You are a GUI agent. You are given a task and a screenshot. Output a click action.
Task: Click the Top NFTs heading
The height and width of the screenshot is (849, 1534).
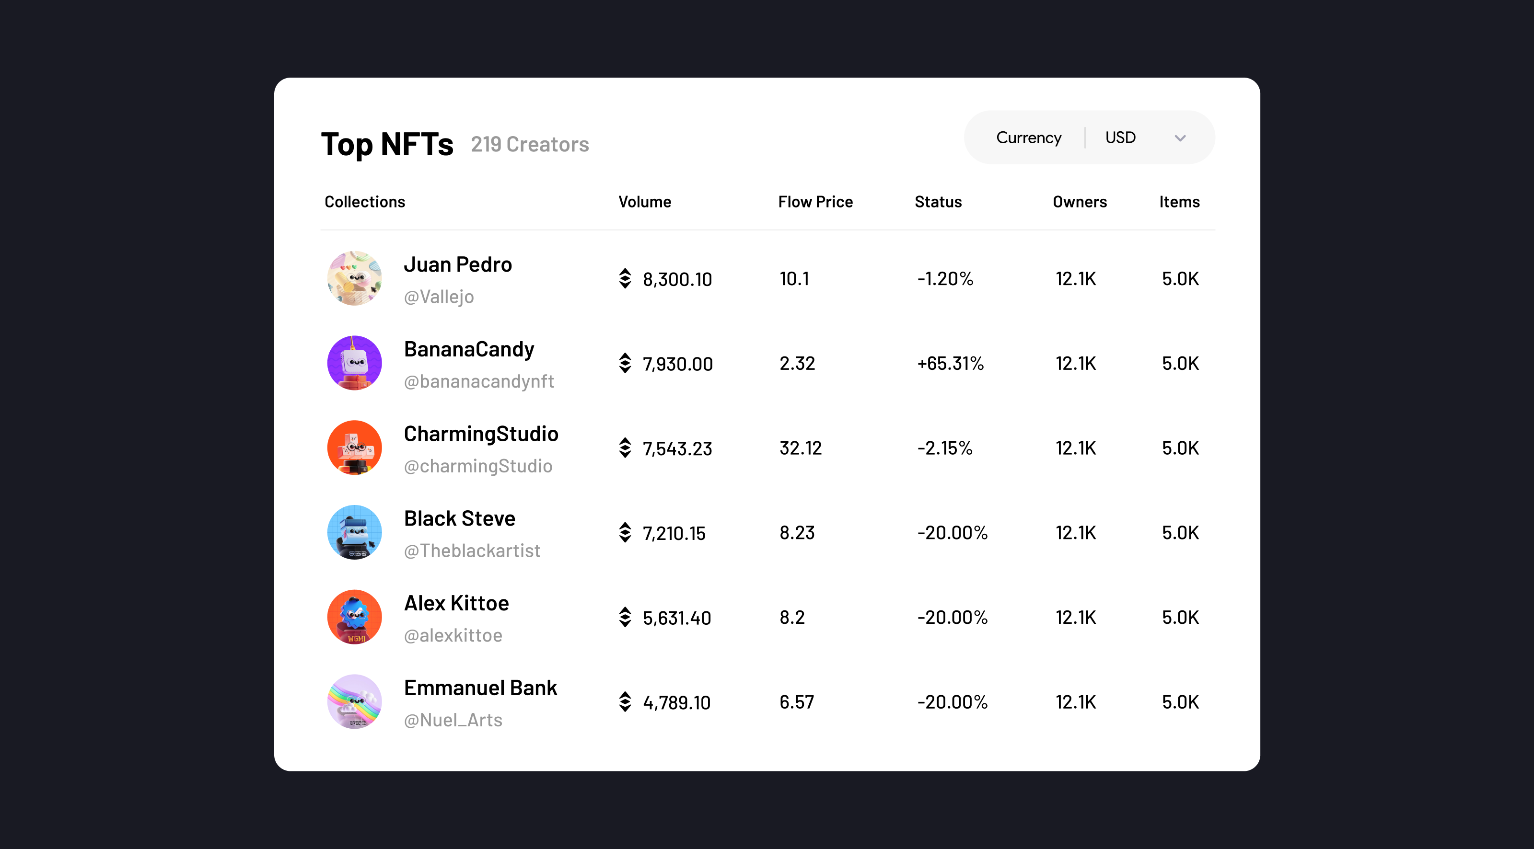[387, 145]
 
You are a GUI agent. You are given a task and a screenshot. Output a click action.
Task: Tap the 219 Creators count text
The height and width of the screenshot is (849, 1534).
[529, 145]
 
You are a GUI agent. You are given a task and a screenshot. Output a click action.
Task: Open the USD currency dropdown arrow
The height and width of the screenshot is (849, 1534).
[1180, 138]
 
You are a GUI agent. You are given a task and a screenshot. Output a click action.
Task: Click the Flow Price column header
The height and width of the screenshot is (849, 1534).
[815, 202]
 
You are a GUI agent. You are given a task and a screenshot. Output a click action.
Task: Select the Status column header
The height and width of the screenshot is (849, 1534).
[938, 202]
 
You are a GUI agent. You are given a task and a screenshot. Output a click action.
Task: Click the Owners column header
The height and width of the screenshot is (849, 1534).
[1079, 202]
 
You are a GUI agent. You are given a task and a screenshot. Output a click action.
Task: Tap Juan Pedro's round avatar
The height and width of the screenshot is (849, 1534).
[354, 278]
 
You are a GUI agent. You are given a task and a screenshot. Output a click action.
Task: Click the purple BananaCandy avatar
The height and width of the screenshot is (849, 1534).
[354, 363]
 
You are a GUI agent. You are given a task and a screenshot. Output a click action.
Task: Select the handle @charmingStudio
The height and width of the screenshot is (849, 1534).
[477, 466]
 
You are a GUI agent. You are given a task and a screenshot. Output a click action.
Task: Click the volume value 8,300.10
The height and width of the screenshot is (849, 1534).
[677, 279]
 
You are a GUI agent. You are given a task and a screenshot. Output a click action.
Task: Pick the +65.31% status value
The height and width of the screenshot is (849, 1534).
[951, 363]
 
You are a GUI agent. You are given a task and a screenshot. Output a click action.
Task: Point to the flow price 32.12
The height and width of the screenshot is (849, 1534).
[801, 447]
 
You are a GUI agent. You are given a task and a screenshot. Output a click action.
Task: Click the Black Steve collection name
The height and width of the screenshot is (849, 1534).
[459, 518]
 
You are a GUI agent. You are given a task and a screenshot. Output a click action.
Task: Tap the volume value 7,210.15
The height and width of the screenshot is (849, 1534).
[674, 533]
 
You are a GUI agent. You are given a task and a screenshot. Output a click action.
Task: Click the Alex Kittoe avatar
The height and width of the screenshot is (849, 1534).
[354, 617]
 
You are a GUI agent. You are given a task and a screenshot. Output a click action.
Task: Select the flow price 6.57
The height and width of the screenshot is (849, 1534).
[796, 702]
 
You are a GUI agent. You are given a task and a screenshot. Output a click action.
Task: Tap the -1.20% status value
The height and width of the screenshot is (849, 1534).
[945, 279]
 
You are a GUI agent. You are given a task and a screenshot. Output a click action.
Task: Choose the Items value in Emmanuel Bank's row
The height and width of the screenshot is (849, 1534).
[1180, 702]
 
